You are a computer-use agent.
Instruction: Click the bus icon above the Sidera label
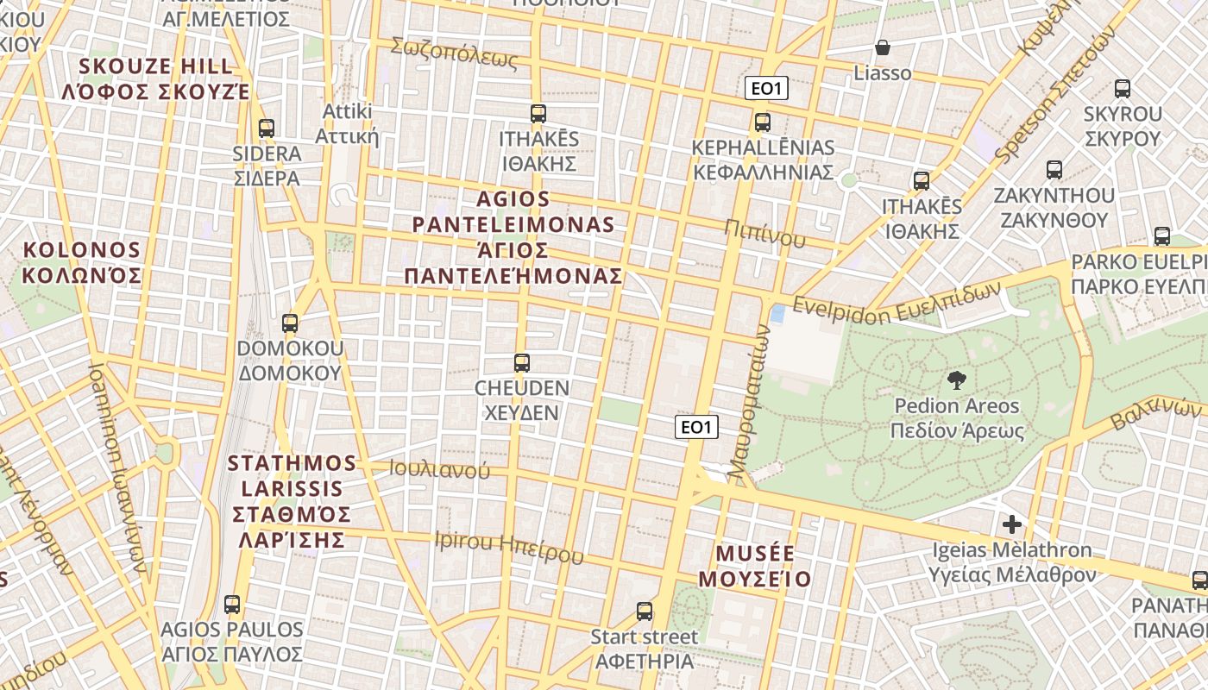[267, 129]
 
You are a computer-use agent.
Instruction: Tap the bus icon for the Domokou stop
[290, 323]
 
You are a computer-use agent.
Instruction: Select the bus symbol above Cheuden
[521, 362]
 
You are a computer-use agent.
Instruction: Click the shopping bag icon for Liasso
[883, 47]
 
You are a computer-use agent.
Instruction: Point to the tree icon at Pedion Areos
[956, 379]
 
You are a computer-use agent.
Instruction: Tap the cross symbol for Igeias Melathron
[1012, 524]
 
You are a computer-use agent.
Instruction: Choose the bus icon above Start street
[645, 612]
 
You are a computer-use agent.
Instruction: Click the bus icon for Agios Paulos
[232, 604]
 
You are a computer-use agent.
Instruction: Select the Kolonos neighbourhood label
[81, 263]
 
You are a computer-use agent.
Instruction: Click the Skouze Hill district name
[156, 78]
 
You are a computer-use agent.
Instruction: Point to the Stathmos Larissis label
[292, 501]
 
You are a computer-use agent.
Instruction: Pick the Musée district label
[755, 565]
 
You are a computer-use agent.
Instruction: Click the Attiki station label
[347, 123]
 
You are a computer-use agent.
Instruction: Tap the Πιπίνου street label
[764, 234]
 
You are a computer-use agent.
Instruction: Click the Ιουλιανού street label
[439, 469]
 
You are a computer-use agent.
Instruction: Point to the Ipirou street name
[509, 546]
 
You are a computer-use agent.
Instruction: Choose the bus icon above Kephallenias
[762, 122]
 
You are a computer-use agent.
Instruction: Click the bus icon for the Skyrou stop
[1123, 88]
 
